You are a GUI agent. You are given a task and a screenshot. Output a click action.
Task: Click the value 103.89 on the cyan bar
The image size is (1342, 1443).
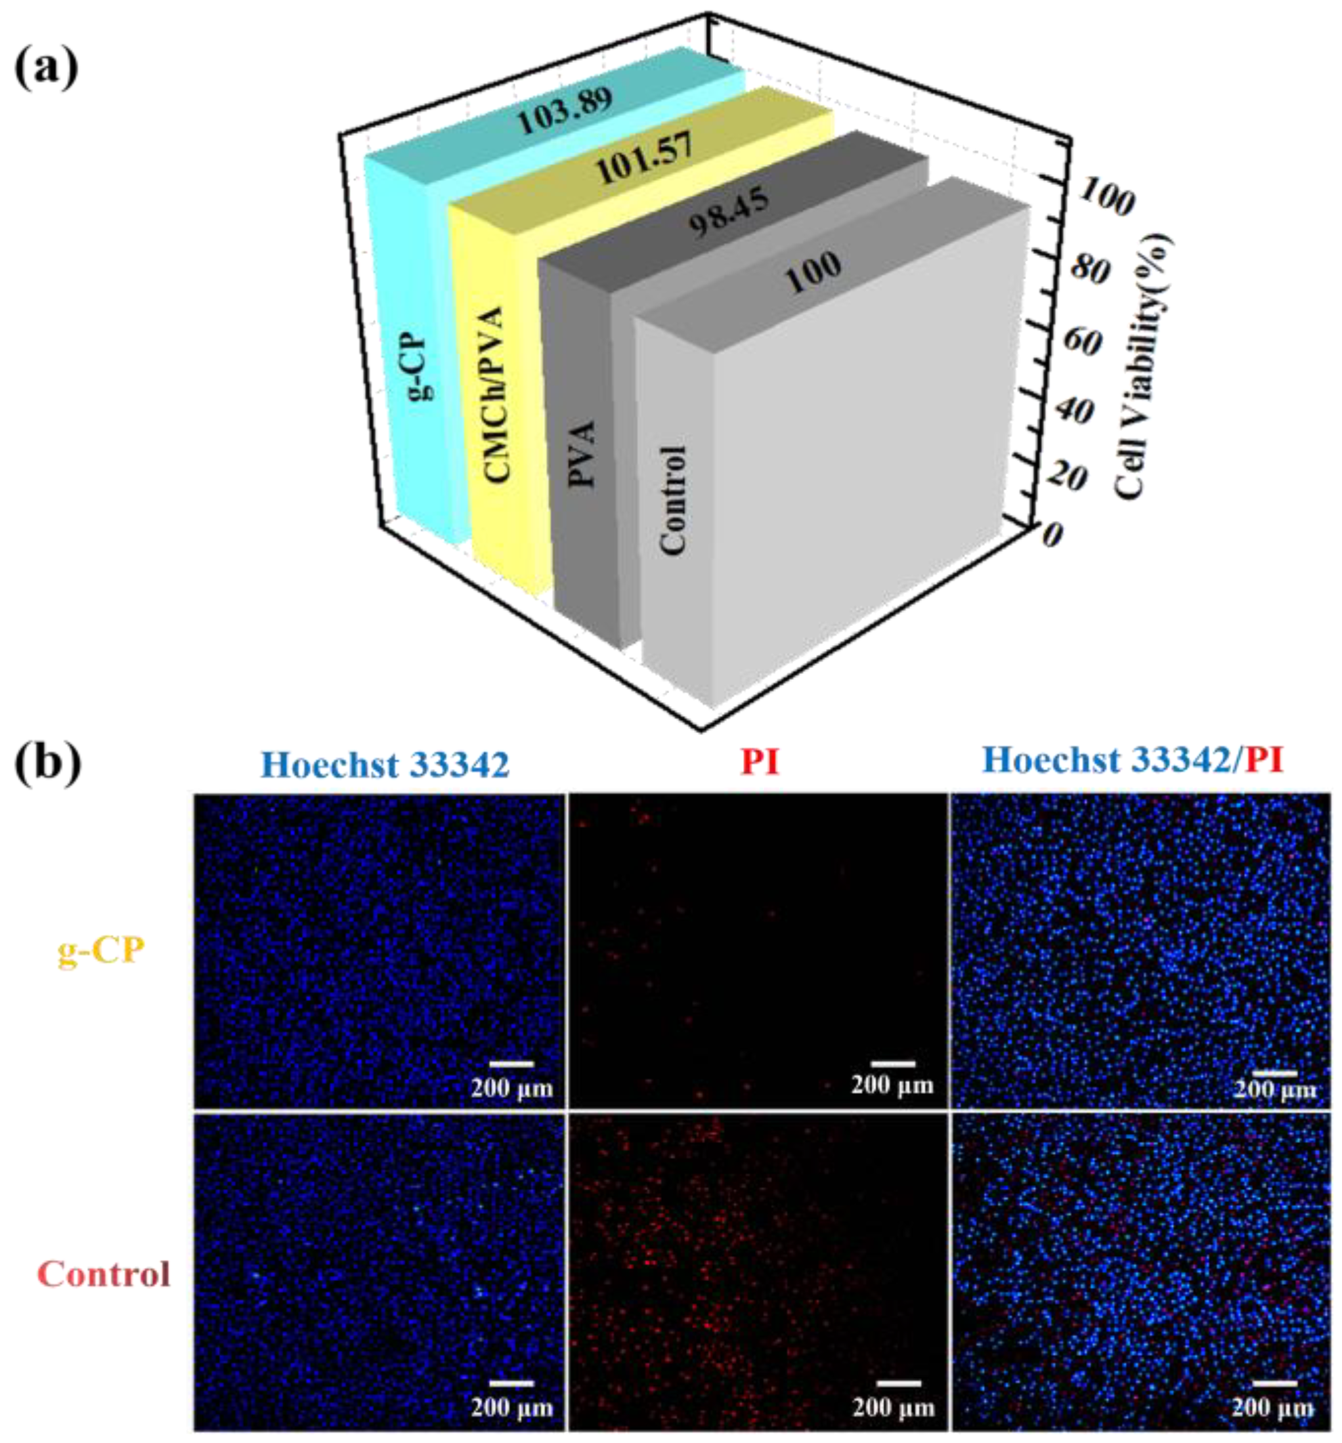(x=565, y=111)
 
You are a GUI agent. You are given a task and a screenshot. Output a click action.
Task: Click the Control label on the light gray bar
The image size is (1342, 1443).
(x=672, y=501)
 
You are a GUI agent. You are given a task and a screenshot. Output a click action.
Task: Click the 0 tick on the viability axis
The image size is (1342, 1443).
(x=1052, y=535)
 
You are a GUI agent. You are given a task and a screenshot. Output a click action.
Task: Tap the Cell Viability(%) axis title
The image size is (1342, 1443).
(x=1142, y=367)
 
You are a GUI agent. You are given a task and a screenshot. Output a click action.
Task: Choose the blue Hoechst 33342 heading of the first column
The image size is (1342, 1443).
(x=385, y=764)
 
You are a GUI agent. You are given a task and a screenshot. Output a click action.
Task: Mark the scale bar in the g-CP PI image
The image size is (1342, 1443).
(x=892, y=1064)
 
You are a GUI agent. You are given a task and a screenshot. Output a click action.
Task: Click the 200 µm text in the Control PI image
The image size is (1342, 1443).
(x=893, y=1408)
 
